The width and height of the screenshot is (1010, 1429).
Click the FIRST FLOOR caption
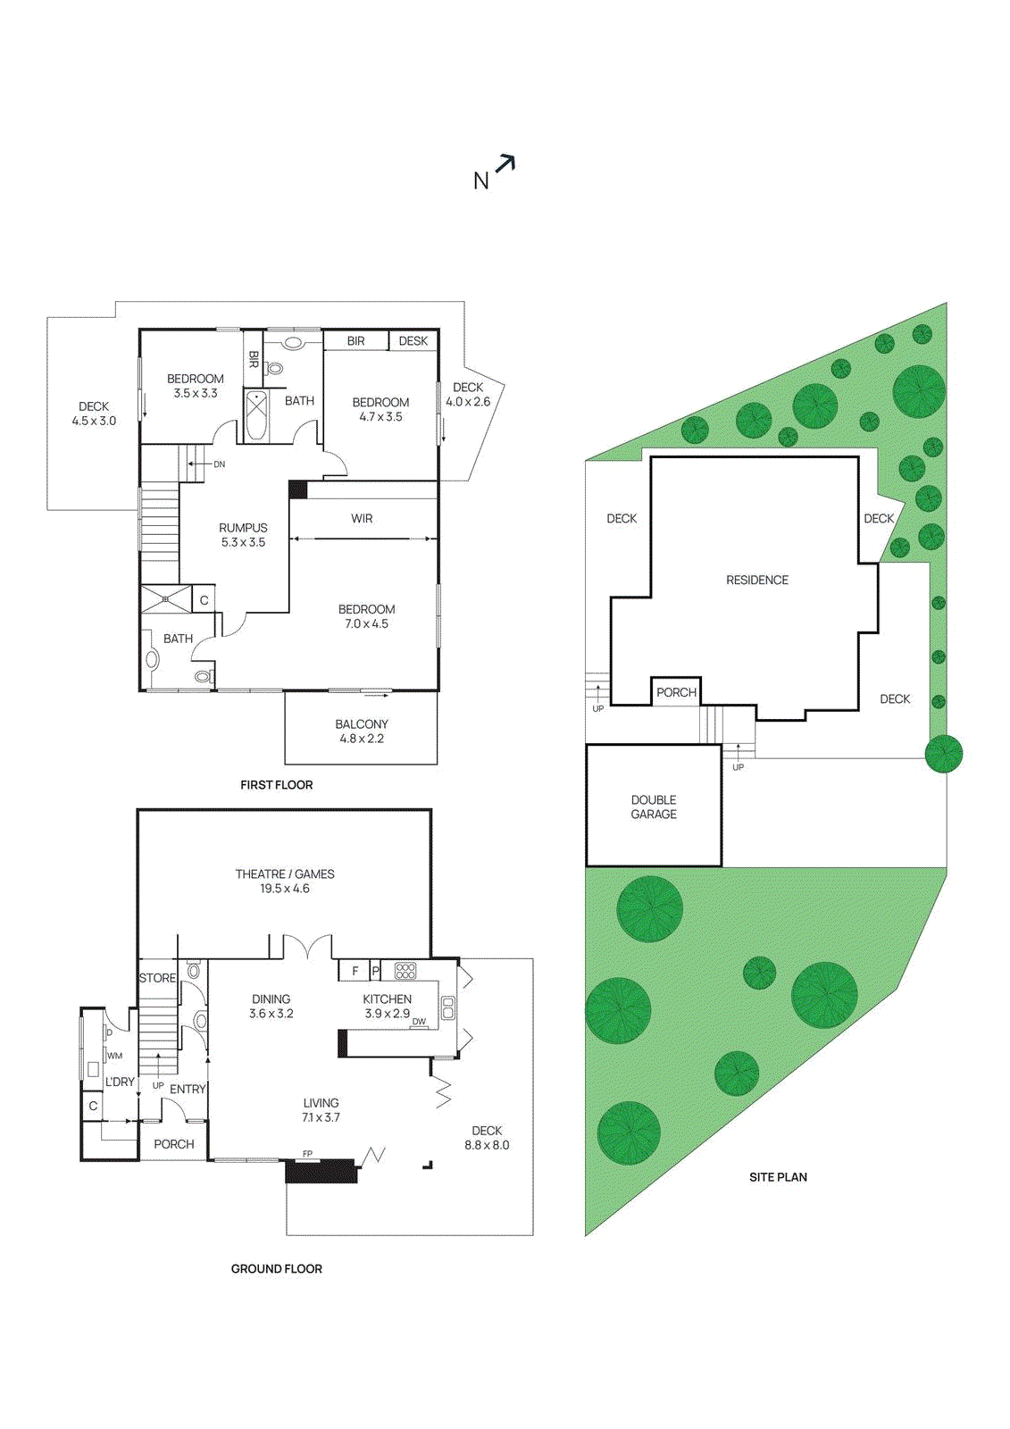click(276, 785)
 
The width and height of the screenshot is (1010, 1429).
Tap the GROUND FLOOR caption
click(276, 1268)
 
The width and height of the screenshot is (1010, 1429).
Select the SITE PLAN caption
click(778, 1177)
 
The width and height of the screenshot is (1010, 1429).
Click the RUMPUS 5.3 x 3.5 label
click(243, 535)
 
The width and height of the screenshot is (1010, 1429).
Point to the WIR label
click(362, 519)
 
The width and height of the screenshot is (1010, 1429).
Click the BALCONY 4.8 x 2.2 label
click(362, 731)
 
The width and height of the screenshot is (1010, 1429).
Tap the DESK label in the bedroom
click(413, 341)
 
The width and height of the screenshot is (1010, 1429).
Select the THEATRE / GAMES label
click(285, 881)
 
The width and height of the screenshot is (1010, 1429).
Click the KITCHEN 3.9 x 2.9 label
click(387, 1006)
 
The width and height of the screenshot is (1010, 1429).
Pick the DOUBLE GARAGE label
click(654, 806)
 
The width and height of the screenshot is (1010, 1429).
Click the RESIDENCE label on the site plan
click(756, 581)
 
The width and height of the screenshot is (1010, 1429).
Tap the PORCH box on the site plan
click(676, 692)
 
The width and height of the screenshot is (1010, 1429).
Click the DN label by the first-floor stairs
click(219, 464)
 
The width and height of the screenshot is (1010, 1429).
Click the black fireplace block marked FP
click(321, 1171)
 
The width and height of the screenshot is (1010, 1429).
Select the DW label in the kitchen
click(419, 1022)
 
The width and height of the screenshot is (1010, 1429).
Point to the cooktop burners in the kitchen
click(405, 971)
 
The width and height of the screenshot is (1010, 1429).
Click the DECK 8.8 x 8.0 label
click(487, 1138)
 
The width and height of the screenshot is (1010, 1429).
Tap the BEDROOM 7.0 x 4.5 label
click(366, 616)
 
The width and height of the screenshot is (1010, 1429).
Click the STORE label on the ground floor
click(157, 978)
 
